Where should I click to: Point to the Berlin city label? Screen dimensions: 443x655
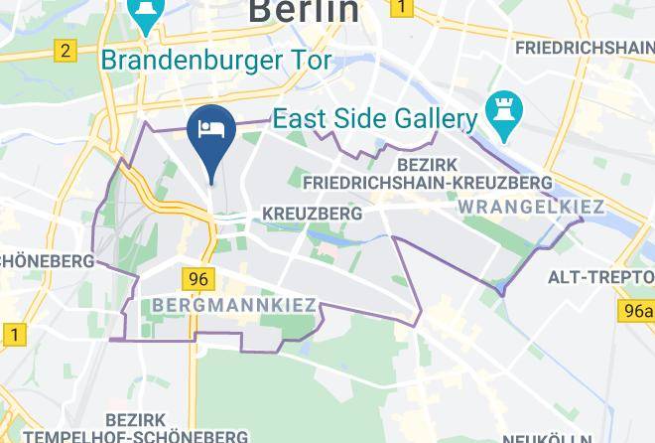(x=303, y=10)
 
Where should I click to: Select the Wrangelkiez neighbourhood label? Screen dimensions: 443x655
(x=532, y=207)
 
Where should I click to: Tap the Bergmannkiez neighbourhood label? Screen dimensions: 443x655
(x=235, y=304)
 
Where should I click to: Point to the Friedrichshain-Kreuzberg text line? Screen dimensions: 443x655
(x=428, y=184)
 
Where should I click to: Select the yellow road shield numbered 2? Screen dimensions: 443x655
(x=66, y=51)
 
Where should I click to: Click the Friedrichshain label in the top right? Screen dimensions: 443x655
(x=585, y=47)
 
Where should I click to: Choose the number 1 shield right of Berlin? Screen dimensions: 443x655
(x=402, y=8)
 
